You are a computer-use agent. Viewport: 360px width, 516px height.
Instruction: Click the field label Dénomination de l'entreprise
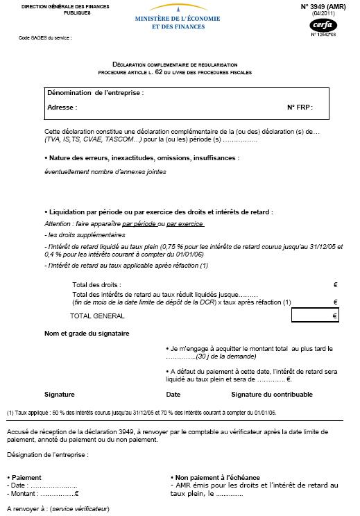95,93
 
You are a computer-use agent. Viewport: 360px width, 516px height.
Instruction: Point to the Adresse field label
62,108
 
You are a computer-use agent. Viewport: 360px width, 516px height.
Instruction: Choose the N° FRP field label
299,108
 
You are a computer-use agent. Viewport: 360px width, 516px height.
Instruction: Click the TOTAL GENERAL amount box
316,316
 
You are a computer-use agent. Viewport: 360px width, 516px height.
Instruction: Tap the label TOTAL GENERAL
97,316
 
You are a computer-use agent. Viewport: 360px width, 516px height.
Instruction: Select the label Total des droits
96,285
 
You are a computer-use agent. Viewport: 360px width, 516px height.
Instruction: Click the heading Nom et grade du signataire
87,334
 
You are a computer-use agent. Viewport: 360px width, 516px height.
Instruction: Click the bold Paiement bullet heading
25,478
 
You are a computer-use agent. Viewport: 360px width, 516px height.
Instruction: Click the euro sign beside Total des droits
335,285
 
